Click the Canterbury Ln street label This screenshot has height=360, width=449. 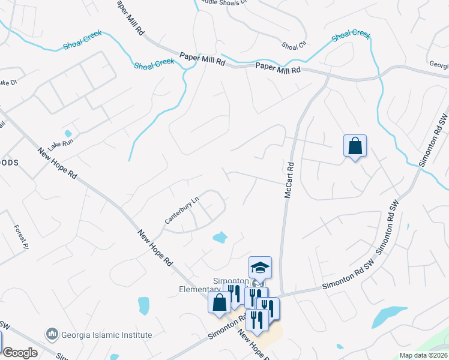[182, 208]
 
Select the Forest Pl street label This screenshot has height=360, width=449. [21, 236]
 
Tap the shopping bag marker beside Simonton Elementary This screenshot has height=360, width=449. [218, 302]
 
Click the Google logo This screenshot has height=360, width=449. [19, 353]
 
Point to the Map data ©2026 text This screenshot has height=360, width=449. [424, 355]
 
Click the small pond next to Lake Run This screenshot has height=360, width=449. [68, 134]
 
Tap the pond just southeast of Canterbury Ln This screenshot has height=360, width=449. [220, 237]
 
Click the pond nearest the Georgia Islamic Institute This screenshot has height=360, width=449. [143, 305]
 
